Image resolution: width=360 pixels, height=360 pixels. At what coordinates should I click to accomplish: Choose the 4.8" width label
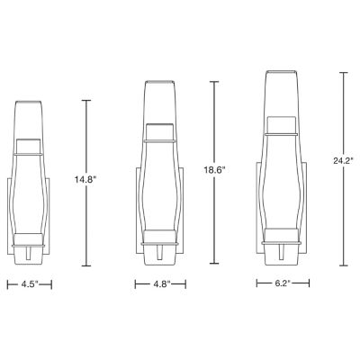pyautogui.click(x=159, y=284)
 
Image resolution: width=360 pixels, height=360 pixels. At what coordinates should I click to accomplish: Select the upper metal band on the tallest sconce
pyautogui.click(x=288, y=132)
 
